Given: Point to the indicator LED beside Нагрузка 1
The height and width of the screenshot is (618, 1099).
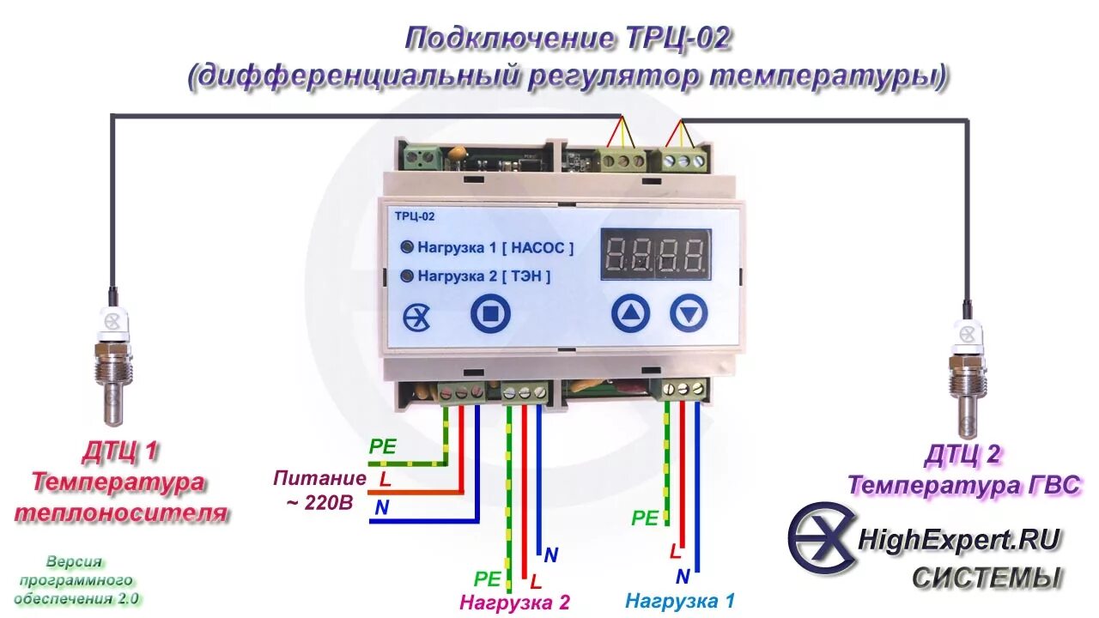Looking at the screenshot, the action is (407, 247).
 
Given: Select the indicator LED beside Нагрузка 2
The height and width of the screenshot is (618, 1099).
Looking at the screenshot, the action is (407, 276).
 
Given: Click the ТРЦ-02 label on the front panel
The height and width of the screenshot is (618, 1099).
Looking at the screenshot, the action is (415, 216).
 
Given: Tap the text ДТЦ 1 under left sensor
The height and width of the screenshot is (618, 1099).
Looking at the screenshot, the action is (120, 451).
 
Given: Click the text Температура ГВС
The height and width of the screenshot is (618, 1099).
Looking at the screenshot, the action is (963, 486).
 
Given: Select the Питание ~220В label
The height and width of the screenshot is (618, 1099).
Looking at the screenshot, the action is (319, 490).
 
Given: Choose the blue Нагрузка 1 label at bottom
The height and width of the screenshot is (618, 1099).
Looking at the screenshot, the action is (680, 601).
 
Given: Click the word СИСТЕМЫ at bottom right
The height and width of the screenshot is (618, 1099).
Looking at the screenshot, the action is (987, 578).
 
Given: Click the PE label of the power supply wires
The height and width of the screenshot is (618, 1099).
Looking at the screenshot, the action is (382, 446).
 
